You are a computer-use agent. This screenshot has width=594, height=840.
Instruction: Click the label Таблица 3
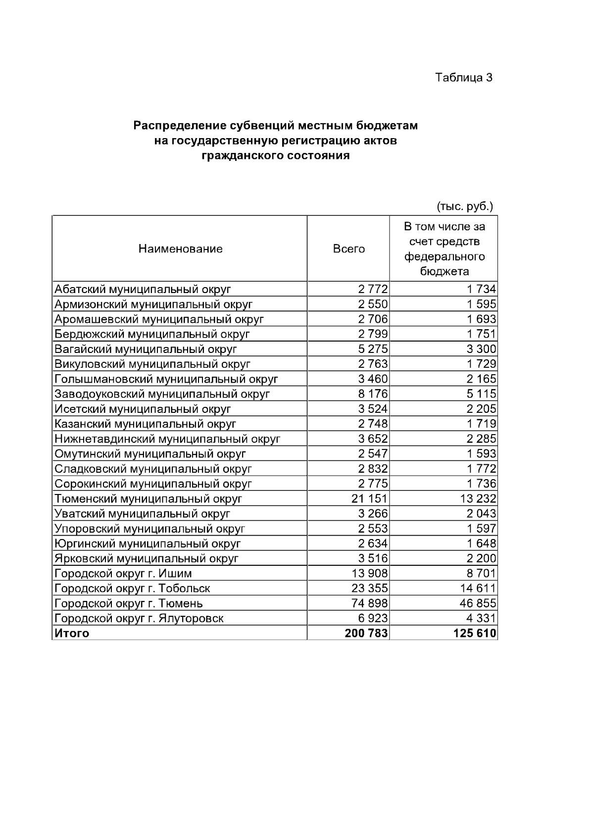[463, 78]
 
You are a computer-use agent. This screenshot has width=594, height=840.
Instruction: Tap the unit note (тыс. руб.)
[464, 205]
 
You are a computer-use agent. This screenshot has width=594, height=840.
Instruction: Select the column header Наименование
[180, 248]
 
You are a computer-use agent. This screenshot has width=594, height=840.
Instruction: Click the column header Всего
[348, 248]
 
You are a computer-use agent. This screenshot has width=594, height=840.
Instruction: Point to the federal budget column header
[444, 248]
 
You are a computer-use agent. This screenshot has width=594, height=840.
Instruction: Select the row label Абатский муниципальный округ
[143, 289]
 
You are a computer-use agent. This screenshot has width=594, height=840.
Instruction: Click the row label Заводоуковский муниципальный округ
[162, 394]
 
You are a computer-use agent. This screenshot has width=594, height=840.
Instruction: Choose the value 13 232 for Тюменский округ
[478, 498]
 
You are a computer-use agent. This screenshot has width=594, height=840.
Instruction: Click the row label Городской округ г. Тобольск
[132, 589]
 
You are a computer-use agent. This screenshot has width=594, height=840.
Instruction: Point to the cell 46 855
[478, 603]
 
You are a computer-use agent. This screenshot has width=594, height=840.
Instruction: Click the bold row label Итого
[72, 633]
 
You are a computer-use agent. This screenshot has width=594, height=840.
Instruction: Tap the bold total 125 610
[475, 633]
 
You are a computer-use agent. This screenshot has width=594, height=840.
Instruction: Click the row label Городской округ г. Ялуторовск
[139, 618]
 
